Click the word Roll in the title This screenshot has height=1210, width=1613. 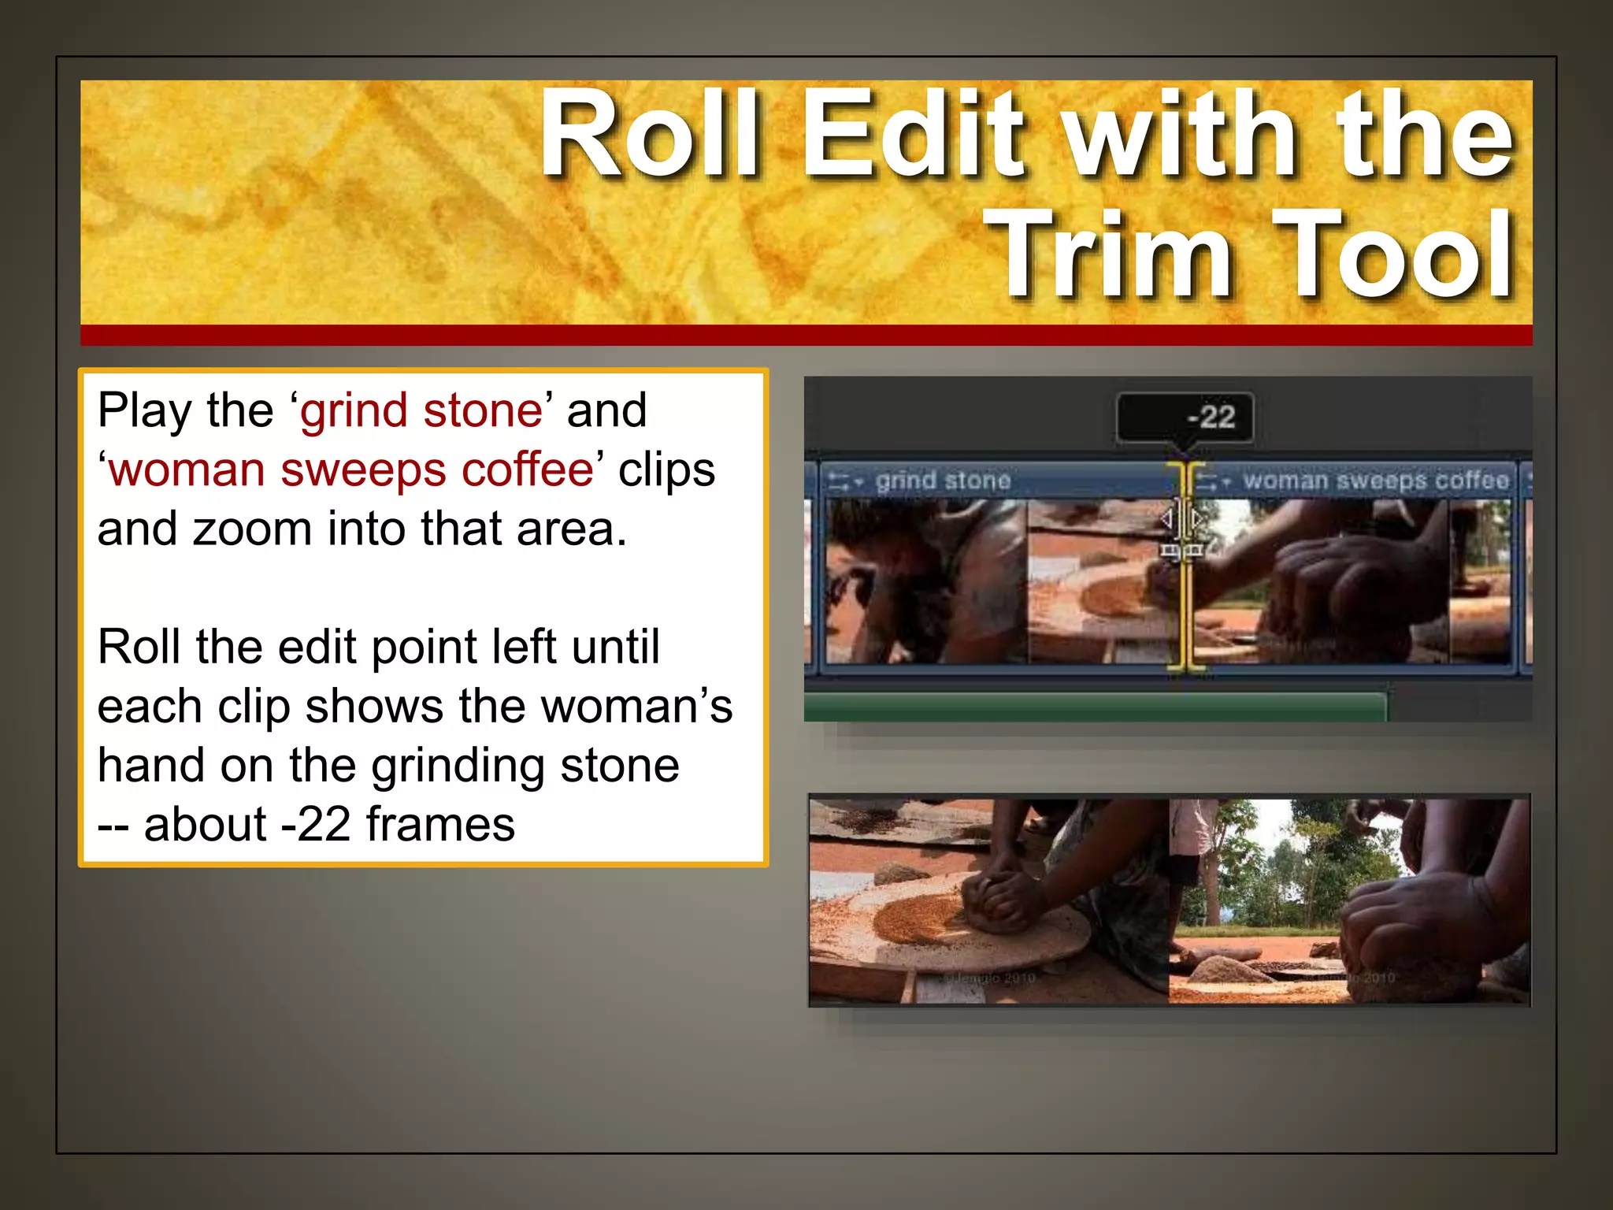click(651, 134)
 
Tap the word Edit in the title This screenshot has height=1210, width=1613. click(914, 134)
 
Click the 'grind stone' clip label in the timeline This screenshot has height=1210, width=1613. click(943, 480)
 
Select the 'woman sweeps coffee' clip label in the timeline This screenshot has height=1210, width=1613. click(1375, 480)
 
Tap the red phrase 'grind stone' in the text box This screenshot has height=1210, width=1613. click(421, 410)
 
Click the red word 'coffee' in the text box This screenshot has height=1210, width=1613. click(527, 470)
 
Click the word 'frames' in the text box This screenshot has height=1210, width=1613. click(440, 825)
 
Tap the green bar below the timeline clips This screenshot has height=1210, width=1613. click(1095, 707)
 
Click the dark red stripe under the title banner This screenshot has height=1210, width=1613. click(806, 335)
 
